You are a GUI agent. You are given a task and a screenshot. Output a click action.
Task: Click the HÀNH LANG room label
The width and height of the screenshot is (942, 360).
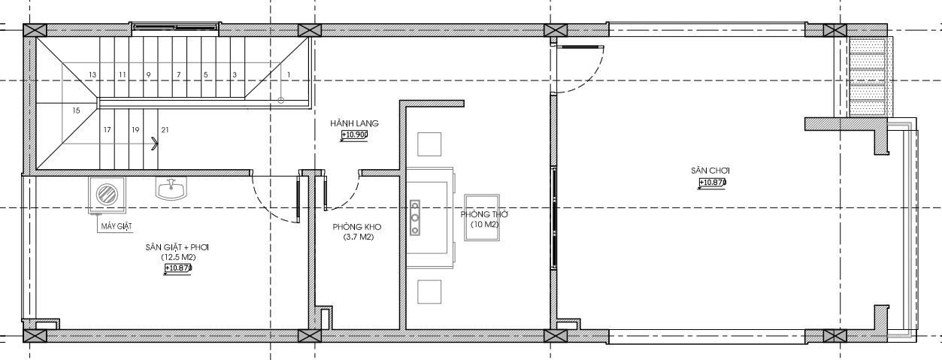tap(355, 123)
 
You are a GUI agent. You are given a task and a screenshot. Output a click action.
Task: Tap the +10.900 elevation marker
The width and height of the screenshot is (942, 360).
tap(355, 135)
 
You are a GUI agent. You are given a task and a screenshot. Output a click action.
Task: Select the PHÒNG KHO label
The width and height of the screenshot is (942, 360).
tap(357, 227)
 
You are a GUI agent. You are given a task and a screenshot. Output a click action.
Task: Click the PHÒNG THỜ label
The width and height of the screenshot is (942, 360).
tap(484, 214)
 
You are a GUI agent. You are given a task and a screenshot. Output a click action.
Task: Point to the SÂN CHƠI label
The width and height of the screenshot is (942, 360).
tap(710, 171)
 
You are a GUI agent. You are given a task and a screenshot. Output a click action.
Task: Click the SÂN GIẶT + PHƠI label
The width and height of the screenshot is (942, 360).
tap(177, 247)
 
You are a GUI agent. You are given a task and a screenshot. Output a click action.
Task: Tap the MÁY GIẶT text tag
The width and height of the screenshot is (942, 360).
tap(117, 227)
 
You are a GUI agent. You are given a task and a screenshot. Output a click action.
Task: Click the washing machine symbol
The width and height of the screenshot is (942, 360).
tap(107, 195)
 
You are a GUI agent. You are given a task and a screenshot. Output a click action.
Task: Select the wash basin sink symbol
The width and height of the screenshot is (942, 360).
tap(171, 189)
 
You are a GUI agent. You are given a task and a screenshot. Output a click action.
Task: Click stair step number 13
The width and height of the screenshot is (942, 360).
tap(92, 75)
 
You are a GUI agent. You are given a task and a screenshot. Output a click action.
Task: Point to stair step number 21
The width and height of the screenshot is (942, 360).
tap(165, 130)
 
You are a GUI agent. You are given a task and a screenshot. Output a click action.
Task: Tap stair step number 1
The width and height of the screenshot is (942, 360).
tap(289, 75)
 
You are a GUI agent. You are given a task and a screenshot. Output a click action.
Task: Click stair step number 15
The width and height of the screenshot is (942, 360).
tap(76, 110)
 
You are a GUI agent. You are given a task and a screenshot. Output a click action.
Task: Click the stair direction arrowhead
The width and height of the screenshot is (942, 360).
tap(155, 144)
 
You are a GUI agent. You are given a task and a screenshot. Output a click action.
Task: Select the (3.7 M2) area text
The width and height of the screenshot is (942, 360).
tap(359, 237)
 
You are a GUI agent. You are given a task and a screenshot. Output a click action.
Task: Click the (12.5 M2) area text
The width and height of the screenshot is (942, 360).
tap(178, 257)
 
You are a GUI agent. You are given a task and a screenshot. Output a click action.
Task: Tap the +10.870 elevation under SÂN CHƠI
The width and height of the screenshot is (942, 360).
tap(713, 183)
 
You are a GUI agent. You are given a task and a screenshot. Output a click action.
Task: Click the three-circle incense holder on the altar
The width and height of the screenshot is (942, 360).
tap(415, 217)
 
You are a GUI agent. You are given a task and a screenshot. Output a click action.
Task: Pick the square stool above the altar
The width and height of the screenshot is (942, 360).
tap(429, 144)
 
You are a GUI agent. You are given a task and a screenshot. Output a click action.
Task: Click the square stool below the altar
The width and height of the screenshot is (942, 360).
tap(429, 292)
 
